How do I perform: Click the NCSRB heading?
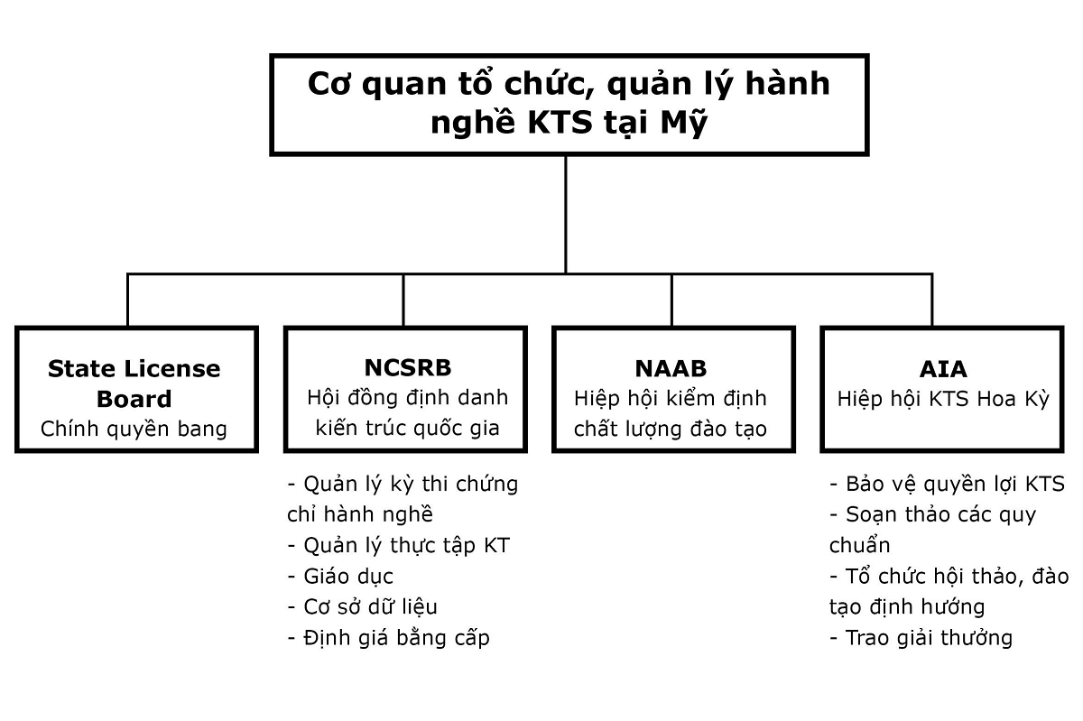(408, 368)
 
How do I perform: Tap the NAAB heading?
(671, 369)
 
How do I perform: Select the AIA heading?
(943, 370)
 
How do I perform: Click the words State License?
(134, 369)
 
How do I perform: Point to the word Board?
(134, 400)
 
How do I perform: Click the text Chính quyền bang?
(134, 430)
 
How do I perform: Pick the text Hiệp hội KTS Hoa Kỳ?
(943, 400)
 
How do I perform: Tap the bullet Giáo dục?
(340, 577)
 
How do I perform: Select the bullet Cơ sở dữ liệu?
(362, 607)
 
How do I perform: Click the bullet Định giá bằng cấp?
(389, 638)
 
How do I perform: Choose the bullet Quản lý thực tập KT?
(398, 546)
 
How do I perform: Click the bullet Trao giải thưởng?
(921, 638)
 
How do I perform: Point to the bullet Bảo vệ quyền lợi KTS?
(947, 485)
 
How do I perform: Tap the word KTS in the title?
(560, 122)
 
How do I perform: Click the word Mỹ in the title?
(684, 122)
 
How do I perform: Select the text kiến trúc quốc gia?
(408, 429)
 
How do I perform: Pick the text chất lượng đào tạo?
(671, 430)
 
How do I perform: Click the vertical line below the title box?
(566, 215)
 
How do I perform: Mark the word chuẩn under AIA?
(859, 546)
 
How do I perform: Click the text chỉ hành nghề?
(360, 515)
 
